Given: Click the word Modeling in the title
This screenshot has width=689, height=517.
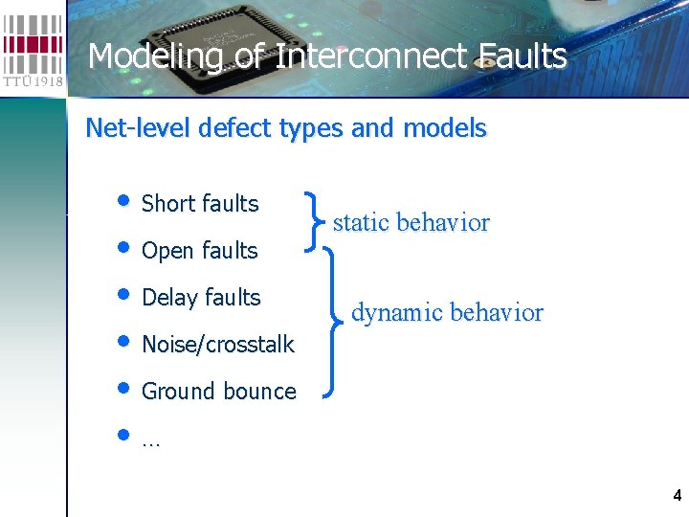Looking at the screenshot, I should point(154,56).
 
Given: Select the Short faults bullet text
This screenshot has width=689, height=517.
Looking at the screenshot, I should point(200,204).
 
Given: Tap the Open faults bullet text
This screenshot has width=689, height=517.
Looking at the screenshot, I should point(199,251).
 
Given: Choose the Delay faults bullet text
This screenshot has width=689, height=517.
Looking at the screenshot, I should point(201,298).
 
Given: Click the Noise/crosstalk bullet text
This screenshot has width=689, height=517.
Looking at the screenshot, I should point(217,345).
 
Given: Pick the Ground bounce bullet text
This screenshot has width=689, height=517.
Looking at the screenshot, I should point(218,392).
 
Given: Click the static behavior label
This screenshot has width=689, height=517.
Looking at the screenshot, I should point(411,223).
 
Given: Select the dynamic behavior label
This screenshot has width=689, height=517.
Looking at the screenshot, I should point(447,313).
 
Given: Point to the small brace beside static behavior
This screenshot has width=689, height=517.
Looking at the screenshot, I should point(316,221).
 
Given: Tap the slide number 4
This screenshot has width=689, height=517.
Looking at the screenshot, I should point(678,496).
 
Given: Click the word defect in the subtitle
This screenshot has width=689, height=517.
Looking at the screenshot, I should point(223,128).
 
